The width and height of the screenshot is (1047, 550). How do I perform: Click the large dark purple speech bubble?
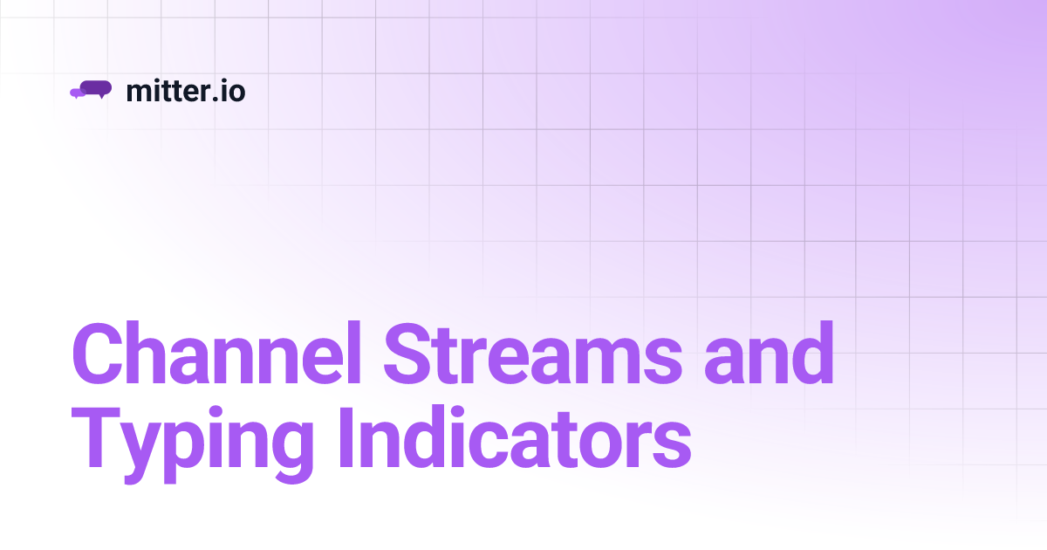96,87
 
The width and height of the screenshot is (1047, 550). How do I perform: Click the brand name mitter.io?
185,90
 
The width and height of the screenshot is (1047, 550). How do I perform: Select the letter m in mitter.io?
138,92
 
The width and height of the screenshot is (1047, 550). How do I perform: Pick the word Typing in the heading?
192,445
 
